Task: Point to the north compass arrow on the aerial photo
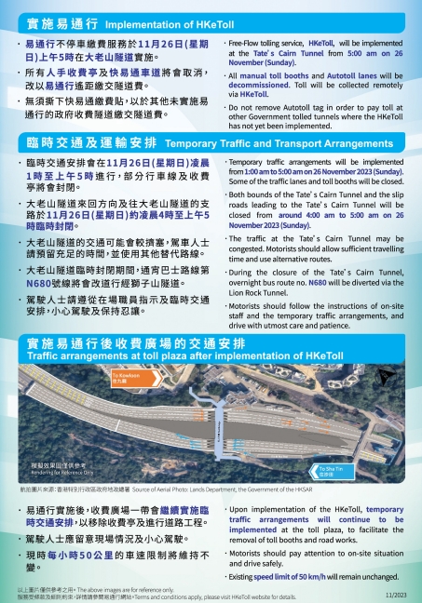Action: [387, 377]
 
